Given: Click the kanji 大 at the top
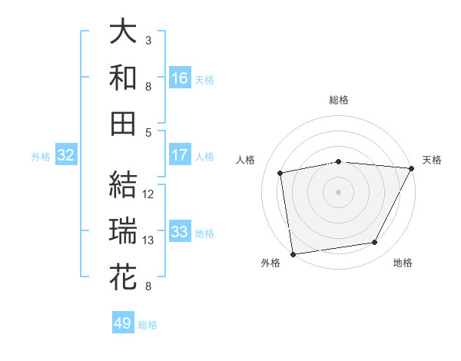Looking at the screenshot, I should click(123, 32).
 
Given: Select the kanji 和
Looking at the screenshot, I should click(123, 78).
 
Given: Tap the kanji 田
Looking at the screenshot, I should click(123, 123).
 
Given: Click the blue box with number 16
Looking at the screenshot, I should click(180, 78).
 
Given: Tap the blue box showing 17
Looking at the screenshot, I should click(180, 155).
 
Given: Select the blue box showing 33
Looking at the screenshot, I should click(180, 231).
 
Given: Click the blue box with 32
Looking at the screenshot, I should click(66, 155).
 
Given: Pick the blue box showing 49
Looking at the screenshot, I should click(123, 323).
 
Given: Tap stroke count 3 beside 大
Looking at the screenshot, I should click(148, 40).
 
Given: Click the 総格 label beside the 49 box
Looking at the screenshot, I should click(148, 325).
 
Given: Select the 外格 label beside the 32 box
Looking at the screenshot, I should click(41, 157).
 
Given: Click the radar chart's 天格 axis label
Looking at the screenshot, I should click(433, 160).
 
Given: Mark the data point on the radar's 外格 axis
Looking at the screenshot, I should click(293, 253).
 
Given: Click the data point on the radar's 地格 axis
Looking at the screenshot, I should click(375, 243).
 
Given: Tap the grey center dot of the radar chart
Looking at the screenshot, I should click(338, 191).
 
